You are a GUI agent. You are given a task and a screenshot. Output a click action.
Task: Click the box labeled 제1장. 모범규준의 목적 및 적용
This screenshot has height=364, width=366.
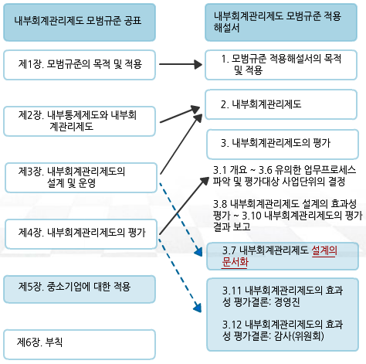click(x=80, y=65)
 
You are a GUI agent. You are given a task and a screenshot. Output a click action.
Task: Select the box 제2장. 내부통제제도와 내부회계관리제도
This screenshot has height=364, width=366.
click(x=80, y=121)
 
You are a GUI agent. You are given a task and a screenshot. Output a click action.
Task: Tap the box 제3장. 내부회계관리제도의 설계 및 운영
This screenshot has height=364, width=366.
click(x=81, y=178)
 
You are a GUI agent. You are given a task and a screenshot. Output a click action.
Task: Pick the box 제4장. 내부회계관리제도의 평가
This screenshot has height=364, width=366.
click(x=81, y=234)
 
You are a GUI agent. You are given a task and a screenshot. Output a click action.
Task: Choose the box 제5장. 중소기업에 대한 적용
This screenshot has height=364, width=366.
click(x=80, y=289)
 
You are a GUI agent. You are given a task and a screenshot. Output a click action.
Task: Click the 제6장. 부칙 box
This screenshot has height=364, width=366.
click(x=80, y=345)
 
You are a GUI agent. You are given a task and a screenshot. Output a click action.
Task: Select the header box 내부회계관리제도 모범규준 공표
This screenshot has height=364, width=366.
click(x=80, y=22)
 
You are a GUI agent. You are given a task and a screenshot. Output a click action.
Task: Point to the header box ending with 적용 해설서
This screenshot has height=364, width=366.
click(x=281, y=22)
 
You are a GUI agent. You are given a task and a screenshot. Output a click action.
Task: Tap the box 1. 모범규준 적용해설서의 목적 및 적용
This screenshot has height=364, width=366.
click(x=281, y=65)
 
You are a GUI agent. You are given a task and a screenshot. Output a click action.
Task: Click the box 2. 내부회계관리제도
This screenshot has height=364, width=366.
click(x=281, y=104)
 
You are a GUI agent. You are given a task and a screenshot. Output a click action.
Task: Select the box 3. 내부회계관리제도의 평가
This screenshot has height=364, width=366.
click(x=283, y=145)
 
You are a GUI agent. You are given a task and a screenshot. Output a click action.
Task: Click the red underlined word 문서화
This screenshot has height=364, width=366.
click(x=235, y=262)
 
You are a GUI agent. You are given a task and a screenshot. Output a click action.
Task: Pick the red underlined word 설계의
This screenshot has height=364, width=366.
click(x=324, y=250)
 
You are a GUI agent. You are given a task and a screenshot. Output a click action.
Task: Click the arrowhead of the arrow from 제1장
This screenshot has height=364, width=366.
click(x=198, y=64)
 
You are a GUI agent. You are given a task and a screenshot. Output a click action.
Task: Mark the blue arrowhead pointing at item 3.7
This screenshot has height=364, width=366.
click(x=198, y=252)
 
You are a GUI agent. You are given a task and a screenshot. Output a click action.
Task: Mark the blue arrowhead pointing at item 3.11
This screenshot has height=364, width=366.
click(x=198, y=308)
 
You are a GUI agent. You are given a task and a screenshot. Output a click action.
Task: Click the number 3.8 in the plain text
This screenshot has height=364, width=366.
click(x=220, y=204)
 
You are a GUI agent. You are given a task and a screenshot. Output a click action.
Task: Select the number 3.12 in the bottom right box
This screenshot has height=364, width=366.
click(x=232, y=325)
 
